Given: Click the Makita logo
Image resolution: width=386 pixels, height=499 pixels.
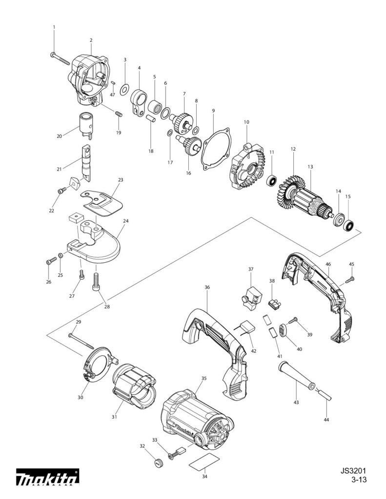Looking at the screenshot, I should (x=47, y=480).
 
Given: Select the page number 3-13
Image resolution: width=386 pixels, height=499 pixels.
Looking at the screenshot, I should (x=359, y=480).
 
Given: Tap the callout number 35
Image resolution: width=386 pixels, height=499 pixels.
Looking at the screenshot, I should (x=204, y=378).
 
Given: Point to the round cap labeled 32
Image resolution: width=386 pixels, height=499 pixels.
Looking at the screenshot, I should (x=157, y=462).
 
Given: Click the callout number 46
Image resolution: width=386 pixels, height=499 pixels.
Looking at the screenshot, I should (x=328, y=264).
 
